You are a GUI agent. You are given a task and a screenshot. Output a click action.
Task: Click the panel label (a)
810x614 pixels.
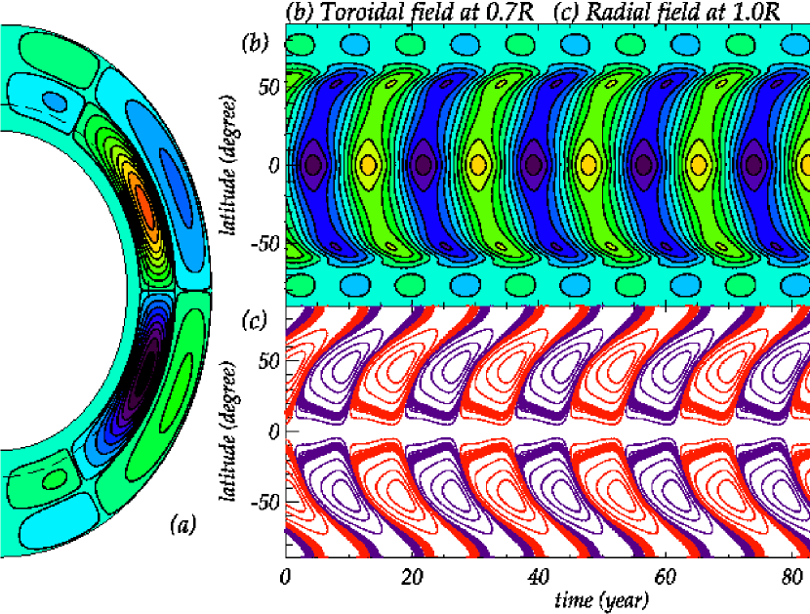coord(182,525)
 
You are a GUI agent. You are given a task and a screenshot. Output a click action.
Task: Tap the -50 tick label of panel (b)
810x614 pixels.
coord(263,243)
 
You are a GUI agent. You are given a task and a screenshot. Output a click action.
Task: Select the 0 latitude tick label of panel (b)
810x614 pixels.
coord(274,164)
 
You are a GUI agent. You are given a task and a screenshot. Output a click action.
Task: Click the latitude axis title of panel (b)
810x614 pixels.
coord(232,165)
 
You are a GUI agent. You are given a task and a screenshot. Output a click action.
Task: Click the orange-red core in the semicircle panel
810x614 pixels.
coord(143,205)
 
